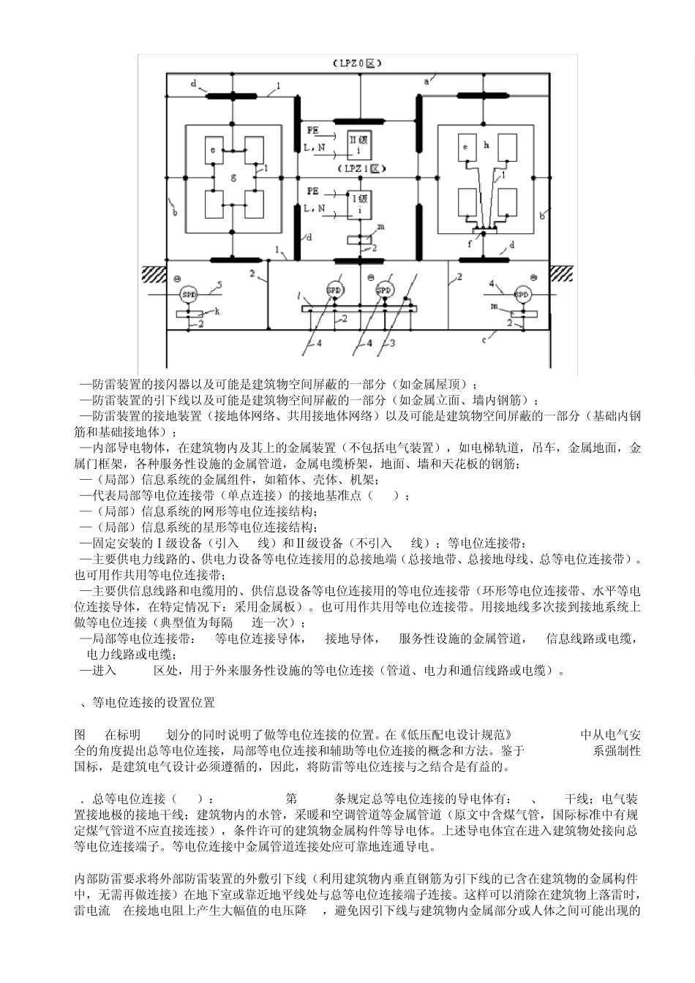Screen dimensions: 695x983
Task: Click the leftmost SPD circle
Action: pos(187,293)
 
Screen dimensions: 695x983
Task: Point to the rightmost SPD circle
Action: pos(522,295)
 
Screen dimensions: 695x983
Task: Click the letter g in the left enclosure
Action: pos(234,177)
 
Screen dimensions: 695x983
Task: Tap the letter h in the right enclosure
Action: pos(486,145)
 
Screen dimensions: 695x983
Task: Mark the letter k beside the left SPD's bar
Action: pos(217,311)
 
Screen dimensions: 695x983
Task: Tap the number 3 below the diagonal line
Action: pos(392,342)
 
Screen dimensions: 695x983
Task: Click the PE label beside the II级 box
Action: pos(313,129)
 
